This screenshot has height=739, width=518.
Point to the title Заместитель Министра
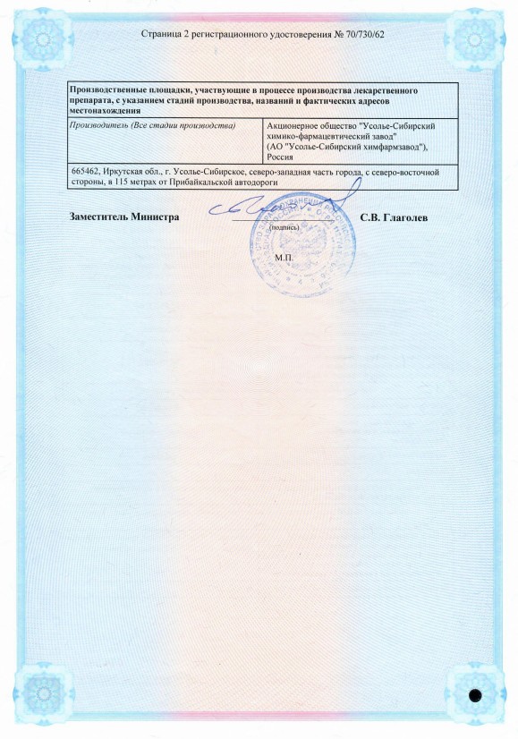tap(124, 217)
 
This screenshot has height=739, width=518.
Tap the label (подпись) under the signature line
tap(285, 227)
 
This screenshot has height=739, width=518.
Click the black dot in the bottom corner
tap(476, 694)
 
